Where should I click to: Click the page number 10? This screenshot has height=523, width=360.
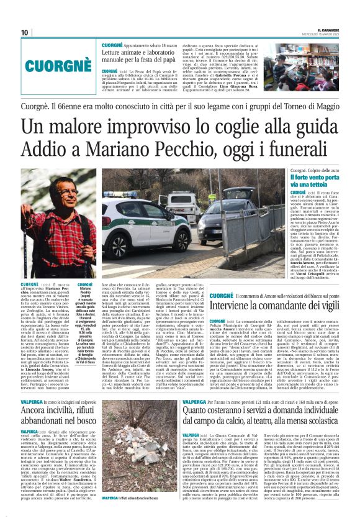point(25,32)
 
